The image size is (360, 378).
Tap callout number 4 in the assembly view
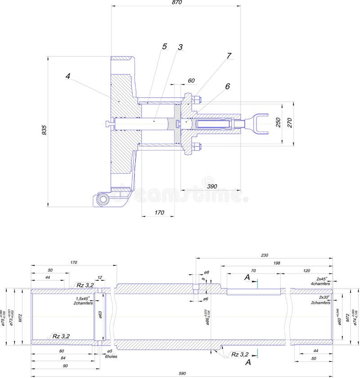pyautogui.click(x=67, y=76)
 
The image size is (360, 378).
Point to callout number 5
pyautogui.click(x=164, y=46)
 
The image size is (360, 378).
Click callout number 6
pyautogui.click(x=227, y=86)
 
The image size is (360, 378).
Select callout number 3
pyautogui.click(x=180, y=47)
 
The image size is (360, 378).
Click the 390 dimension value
pyautogui.click(x=208, y=186)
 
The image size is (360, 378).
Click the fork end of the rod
pyautogui.click(x=260, y=122)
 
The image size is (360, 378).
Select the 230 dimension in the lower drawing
pyautogui.click(x=264, y=255)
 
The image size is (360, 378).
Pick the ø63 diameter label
pyautogui.click(x=100, y=314)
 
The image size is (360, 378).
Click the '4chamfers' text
pyautogui.click(x=320, y=284)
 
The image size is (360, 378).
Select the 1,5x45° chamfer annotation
pyautogui.click(x=83, y=298)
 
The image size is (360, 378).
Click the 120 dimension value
pyautogui.click(x=306, y=271)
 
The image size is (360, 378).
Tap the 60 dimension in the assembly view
pyautogui.click(x=191, y=81)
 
